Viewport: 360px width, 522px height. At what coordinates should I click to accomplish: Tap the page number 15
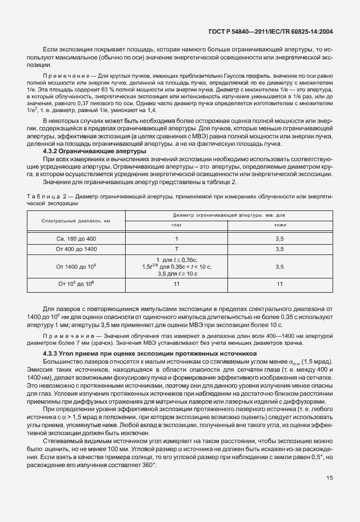pos(330,495)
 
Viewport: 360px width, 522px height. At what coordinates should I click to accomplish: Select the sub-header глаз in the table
pos(176,225)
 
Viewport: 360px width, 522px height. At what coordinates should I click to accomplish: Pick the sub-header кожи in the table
pos(279,225)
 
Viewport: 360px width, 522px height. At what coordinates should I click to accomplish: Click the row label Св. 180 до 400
pos(75,238)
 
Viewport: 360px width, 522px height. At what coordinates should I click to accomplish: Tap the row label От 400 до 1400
pos(75,249)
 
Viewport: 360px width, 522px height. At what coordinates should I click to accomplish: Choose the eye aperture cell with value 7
pos(176,249)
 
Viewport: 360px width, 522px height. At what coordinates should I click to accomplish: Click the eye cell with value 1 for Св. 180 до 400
pos(176,238)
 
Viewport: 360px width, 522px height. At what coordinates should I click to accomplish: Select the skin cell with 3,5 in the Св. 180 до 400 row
pos(279,238)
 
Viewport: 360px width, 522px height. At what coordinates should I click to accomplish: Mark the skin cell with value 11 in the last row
pos(279,283)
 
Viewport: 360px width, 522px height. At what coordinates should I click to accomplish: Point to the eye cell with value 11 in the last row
pos(176,283)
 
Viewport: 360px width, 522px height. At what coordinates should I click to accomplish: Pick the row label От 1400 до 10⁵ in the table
pos(75,266)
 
